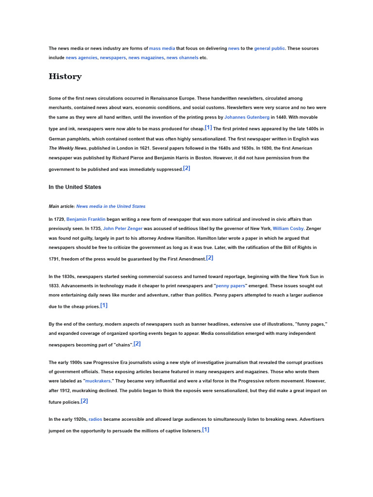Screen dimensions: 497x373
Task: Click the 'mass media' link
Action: pos(162,49)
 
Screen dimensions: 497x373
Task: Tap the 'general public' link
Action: pos(270,49)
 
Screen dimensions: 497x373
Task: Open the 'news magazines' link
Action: pos(146,58)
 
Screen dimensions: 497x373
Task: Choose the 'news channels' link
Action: pos(182,58)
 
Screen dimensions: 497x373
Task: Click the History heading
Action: pos(65,77)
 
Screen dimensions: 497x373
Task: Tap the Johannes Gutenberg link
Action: pos(247,117)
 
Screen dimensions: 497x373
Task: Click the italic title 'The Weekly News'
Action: pos(68,149)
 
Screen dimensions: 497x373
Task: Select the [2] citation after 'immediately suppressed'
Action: pos(186,168)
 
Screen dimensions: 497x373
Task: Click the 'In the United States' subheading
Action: pos(75,187)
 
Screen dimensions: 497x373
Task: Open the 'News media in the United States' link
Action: pos(111,206)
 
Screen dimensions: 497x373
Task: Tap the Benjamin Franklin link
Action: pos(86,219)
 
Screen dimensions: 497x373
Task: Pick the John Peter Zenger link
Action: pos(122,229)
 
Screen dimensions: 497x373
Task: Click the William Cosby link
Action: pos(288,229)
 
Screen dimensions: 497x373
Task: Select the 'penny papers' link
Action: pos(230,286)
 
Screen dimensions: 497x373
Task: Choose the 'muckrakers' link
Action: pos(98,381)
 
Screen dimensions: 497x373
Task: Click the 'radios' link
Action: pos(95,419)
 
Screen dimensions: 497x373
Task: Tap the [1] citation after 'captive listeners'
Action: pos(205,430)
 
